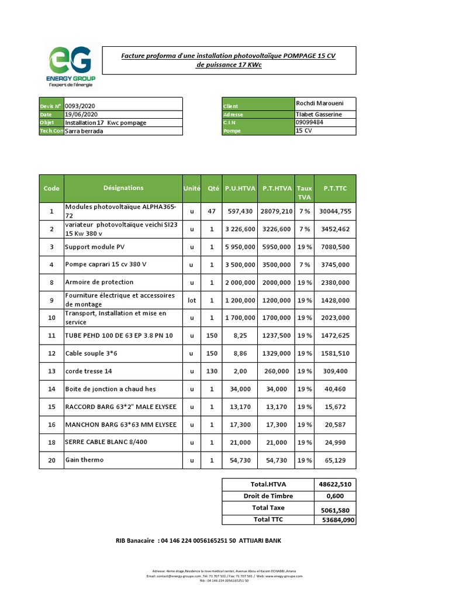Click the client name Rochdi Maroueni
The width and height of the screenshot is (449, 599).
click(x=319, y=104)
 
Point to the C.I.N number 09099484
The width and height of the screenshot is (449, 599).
click(x=310, y=123)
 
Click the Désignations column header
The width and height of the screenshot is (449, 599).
click(x=123, y=188)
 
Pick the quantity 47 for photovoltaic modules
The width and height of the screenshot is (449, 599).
click(x=211, y=211)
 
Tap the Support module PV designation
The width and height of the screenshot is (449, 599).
click(x=94, y=247)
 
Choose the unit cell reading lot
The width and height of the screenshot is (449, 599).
click(x=192, y=300)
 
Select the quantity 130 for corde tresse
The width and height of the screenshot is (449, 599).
click(x=211, y=371)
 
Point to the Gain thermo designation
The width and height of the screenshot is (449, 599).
click(x=84, y=460)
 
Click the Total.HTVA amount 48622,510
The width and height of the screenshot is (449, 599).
click(x=335, y=484)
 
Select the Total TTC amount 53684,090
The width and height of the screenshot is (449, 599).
click(x=335, y=519)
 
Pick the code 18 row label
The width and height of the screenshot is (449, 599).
click(x=51, y=442)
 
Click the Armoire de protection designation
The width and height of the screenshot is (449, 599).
click(x=99, y=282)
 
